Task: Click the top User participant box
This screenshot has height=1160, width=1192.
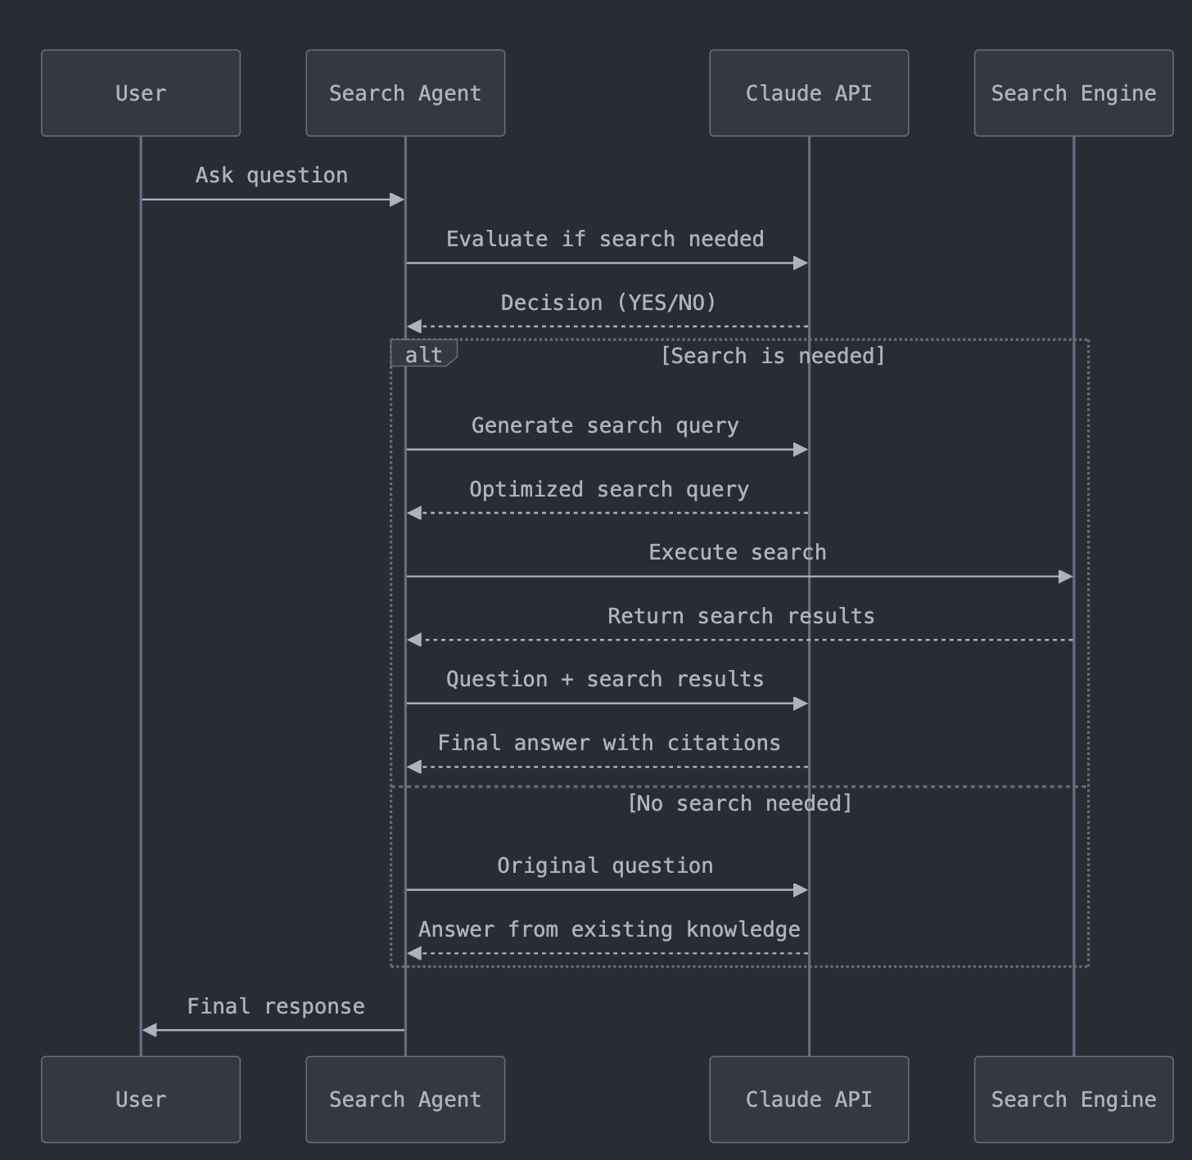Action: pos(141,92)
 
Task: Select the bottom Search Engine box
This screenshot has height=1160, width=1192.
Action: pos(1073,1099)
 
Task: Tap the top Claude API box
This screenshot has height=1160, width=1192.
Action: pos(809,92)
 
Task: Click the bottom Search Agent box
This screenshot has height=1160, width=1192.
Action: pos(405,1099)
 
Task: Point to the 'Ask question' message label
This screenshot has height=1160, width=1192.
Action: pos(271,175)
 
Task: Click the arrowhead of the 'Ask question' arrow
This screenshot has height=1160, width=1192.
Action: pos(397,200)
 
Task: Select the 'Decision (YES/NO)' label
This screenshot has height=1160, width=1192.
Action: pos(608,303)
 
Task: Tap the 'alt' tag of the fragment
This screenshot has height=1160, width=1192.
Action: pos(423,354)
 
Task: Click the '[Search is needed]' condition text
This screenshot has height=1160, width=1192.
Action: pos(772,356)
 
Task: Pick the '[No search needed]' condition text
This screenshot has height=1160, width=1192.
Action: pos(739,803)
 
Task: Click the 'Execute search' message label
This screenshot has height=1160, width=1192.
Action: pos(737,552)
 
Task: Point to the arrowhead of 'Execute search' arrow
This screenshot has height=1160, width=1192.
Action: pos(1065,577)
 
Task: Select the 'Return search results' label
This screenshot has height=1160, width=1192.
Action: pos(740,616)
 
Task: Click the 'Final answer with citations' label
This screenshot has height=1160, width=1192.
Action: pos(608,743)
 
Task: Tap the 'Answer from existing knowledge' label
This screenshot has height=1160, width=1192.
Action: pos(608,929)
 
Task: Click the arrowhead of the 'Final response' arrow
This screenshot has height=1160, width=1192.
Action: pos(150,1030)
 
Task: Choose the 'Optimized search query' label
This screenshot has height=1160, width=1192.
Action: pos(608,489)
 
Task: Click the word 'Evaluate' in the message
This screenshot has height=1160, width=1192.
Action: pos(496,239)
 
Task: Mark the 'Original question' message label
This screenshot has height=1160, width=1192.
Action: pos(604,866)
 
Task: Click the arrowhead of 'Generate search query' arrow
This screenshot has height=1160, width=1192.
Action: pos(801,449)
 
